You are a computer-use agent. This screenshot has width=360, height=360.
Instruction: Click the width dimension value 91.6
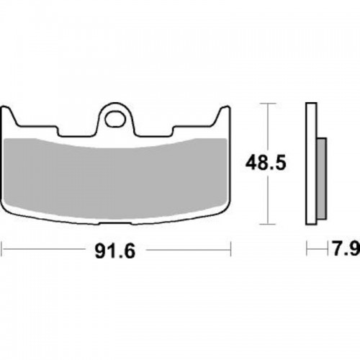pos(116,251)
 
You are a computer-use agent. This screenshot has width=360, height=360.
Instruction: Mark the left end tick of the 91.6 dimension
pos(2,251)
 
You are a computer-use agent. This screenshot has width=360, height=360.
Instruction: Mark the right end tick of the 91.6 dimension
pos(230,251)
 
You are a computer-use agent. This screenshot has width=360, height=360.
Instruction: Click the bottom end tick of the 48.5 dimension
pos(269,222)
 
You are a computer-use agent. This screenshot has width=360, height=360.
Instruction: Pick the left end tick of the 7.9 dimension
pos(306,251)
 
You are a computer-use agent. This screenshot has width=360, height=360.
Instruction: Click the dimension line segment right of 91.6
pos(187,251)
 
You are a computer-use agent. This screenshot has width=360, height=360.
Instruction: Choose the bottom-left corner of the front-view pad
pos(12,214)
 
